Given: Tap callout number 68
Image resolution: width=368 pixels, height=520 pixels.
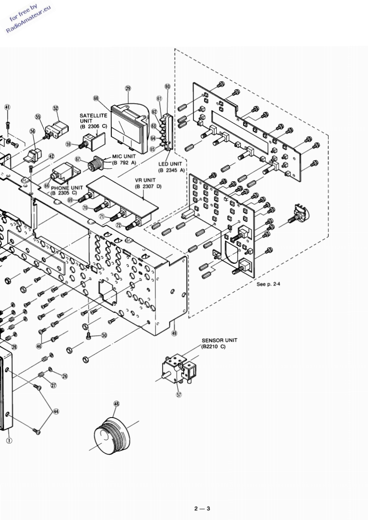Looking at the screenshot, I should click(x=96, y=98).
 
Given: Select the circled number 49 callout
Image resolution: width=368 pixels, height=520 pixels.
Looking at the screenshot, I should click(x=174, y=333).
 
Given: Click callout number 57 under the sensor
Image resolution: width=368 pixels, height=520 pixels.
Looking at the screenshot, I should click(x=179, y=395).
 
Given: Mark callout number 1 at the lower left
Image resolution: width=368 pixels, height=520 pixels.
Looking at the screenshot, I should click(x=9, y=440).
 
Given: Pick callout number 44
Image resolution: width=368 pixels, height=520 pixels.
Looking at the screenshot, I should click(x=56, y=412).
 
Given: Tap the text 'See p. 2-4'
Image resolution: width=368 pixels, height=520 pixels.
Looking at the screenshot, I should click(x=268, y=284).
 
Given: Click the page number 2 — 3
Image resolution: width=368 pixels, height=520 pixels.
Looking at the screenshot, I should click(x=202, y=509).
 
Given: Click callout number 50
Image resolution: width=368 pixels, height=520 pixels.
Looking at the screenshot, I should click(x=104, y=335).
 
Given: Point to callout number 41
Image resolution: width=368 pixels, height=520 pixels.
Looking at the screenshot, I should click(x=7, y=107).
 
